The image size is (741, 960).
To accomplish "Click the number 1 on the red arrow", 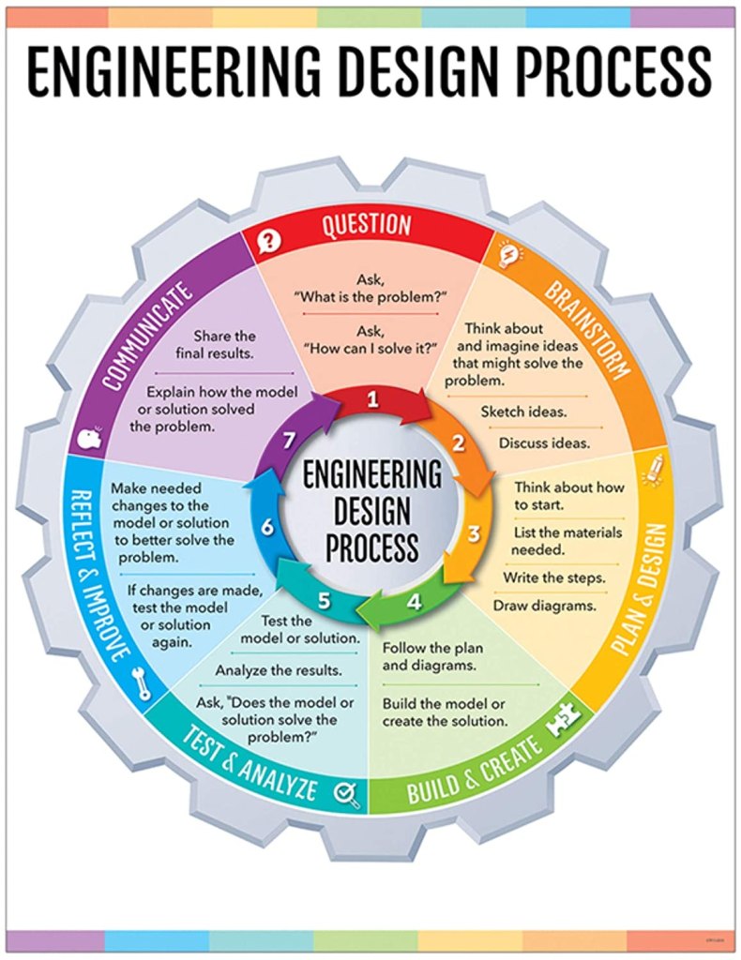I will tap(372, 400).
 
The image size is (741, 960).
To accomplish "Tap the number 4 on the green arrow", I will tap(414, 603).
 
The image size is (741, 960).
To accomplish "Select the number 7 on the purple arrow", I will tap(291, 440).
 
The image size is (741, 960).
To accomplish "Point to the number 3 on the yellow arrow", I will tap(475, 534).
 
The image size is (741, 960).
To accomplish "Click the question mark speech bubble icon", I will tap(269, 242).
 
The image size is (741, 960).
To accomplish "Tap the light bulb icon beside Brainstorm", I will tap(507, 253).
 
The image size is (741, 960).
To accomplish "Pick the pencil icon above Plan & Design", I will tap(656, 466).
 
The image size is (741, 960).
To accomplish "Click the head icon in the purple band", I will tap(92, 440).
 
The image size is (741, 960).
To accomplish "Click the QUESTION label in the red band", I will tap(367, 225).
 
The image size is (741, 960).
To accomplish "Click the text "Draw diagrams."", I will tap(545, 605).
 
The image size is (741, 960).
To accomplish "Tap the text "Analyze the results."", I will tap(279, 670).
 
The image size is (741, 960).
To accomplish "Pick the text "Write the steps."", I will tap(553, 577).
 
